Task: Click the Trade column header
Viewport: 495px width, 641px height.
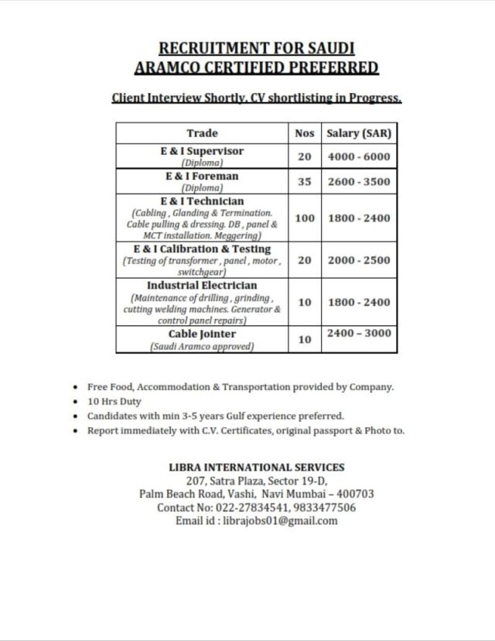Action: [x=203, y=133]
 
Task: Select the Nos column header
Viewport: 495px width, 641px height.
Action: [x=305, y=133]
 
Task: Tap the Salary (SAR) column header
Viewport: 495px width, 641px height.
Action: [x=359, y=133]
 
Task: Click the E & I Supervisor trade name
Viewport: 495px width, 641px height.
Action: [x=202, y=151]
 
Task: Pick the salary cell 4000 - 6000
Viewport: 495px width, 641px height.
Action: [x=359, y=156]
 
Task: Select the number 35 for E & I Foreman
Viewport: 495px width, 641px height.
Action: [x=305, y=182]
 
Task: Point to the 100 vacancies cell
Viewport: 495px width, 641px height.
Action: [x=305, y=218]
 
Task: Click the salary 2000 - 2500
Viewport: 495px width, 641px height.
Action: [x=359, y=260]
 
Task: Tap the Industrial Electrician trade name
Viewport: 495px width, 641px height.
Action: [x=202, y=285]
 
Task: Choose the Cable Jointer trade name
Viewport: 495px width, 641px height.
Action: [x=202, y=334]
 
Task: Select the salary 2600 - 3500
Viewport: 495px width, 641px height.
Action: [x=359, y=182]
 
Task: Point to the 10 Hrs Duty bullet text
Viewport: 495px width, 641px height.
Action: [x=109, y=402]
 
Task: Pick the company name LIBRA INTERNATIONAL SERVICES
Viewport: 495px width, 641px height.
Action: [x=256, y=467]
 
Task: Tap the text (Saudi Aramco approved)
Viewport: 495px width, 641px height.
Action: [x=202, y=347]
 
